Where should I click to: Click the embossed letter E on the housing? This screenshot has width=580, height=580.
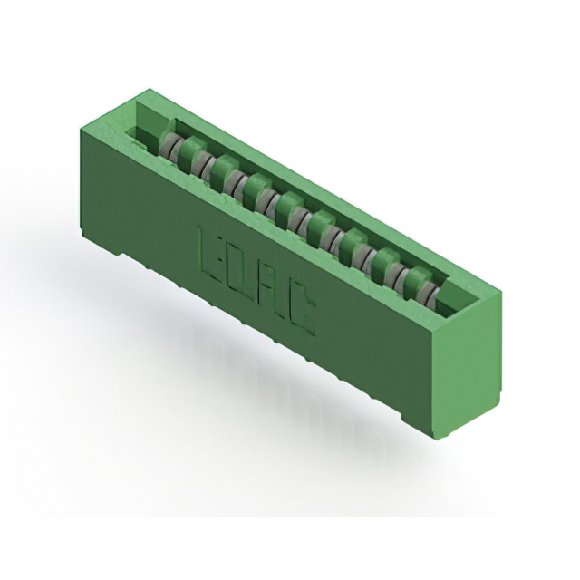pos(211,246)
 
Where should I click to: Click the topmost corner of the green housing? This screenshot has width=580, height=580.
pos(148,91)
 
